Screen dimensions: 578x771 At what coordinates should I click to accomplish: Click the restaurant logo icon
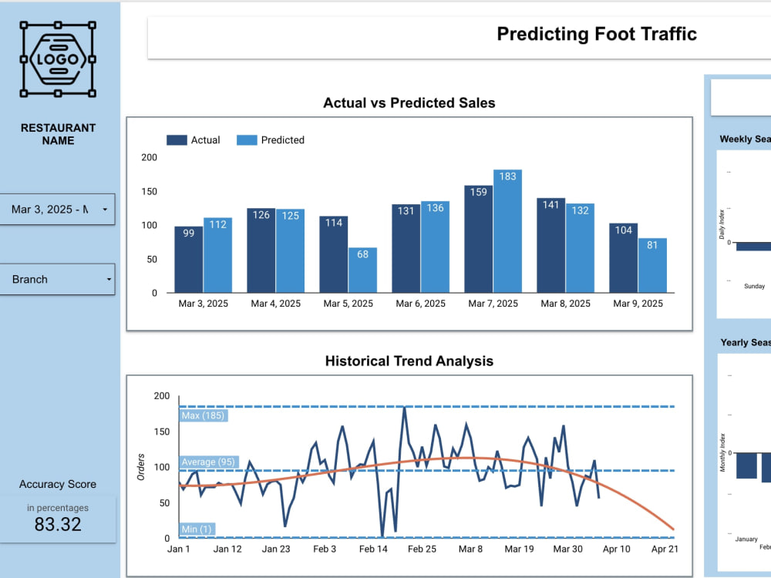coord(58,59)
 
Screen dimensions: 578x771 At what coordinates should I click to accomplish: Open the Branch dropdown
coord(57,279)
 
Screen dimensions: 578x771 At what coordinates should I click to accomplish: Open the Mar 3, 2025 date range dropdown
coord(57,209)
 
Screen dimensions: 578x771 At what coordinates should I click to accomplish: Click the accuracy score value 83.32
coord(58,525)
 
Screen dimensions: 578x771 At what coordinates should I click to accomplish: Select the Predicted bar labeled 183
coord(507,231)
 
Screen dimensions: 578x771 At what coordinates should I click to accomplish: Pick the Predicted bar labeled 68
coord(362,270)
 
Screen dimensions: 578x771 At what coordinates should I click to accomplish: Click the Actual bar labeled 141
coord(550,245)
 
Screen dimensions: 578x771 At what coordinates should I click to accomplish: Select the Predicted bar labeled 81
coord(652,265)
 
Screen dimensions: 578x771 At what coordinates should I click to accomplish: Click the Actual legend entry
coord(194,140)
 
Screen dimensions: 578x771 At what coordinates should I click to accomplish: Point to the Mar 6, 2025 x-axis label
coord(420,304)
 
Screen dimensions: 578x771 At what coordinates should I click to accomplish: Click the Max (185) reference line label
coord(202,416)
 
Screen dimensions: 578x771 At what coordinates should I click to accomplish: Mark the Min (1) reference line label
coord(197,529)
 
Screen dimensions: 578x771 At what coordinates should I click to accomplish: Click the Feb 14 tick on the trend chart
coord(373,549)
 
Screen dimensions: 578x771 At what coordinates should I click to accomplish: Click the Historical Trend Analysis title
coord(409,361)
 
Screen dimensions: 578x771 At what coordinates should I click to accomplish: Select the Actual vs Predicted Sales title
coord(409,102)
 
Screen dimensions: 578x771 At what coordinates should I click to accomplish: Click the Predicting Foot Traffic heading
coord(596,34)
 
